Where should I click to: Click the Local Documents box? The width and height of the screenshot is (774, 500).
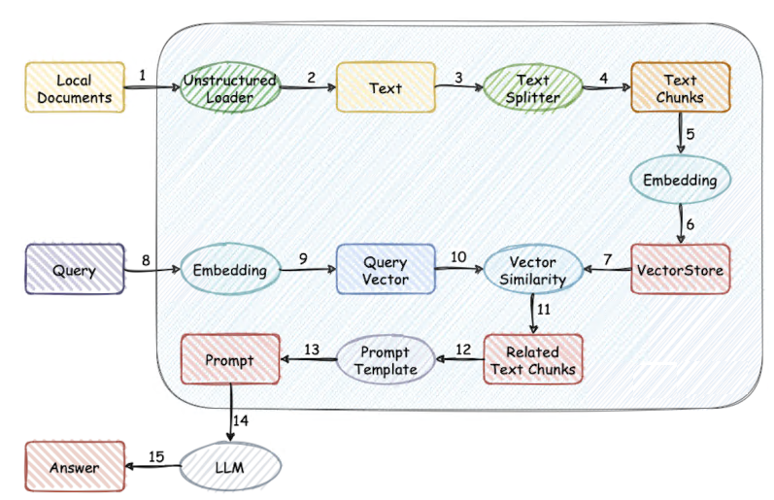pyautogui.click(x=75, y=87)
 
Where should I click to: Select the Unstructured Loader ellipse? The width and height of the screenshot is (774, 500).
pyautogui.click(x=230, y=88)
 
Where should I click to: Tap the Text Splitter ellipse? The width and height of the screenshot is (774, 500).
pyautogui.click(x=531, y=88)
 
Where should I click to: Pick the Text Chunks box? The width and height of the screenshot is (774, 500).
pyautogui.click(x=680, y=88)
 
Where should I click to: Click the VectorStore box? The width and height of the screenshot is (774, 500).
pyautogui.click(x=680, y=270)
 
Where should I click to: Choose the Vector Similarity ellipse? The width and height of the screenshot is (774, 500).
pyautogui.click(x=531, y=270)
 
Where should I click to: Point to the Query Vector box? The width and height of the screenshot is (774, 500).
pyautogui.click(x=386, y=270)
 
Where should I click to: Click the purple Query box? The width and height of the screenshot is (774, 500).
pyautogui.click(x=75, y=270)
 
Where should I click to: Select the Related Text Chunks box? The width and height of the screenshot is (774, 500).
pyautogui.click(x=533, y=360)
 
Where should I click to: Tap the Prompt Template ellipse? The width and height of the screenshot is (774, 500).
pyautogui.click(x=385, y=360)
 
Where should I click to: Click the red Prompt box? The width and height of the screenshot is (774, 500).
pyautogui.click(x=230, y=360)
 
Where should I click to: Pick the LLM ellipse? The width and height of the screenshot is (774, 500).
pyautogui.click(x=230, y=468)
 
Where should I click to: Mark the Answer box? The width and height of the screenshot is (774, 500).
pyautogui.click(x=75, y=468)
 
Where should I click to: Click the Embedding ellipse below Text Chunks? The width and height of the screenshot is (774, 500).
pyautogui.click(x=680, y=180)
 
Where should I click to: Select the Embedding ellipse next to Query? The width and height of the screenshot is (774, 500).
pyautogui.click(x=230, y=270)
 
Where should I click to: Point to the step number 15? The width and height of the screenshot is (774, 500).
pyautogui.click(x=155, y=455)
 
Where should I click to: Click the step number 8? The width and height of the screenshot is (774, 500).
pyautogui.click(x=146, y=259)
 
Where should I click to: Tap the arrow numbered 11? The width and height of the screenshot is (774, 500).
pyautogui.click(x=532, y=314)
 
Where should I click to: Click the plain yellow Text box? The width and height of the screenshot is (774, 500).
pyautogui.click(x=386, y=88)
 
